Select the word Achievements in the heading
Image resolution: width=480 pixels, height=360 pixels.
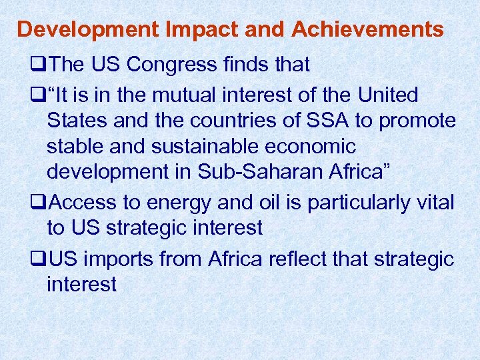367,29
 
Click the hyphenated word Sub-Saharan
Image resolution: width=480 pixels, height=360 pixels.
259,171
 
